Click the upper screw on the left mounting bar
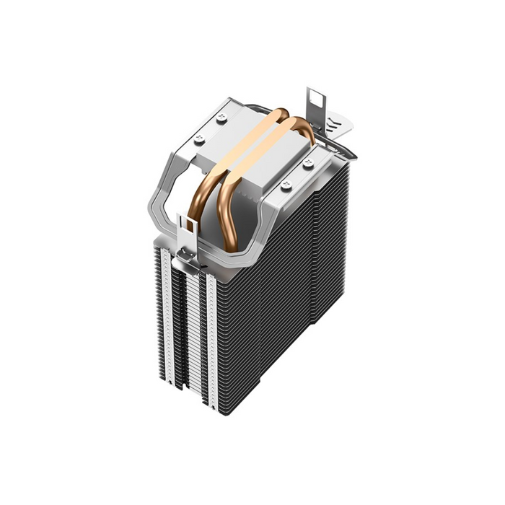click(221, 118)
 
